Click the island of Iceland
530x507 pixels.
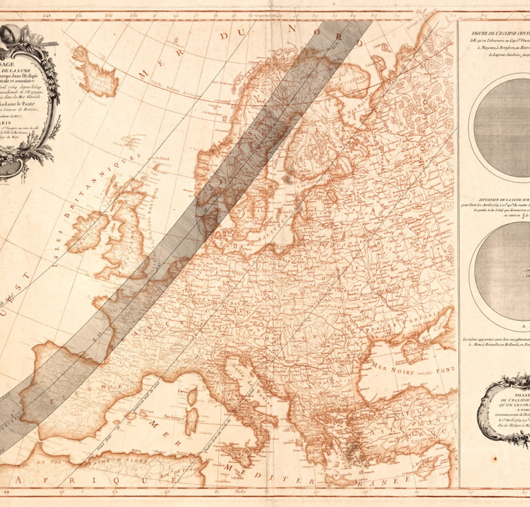[x=96, y=70]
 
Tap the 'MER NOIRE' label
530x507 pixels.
[x=393, y=365]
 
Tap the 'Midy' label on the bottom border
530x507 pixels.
[x=239, y=492]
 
